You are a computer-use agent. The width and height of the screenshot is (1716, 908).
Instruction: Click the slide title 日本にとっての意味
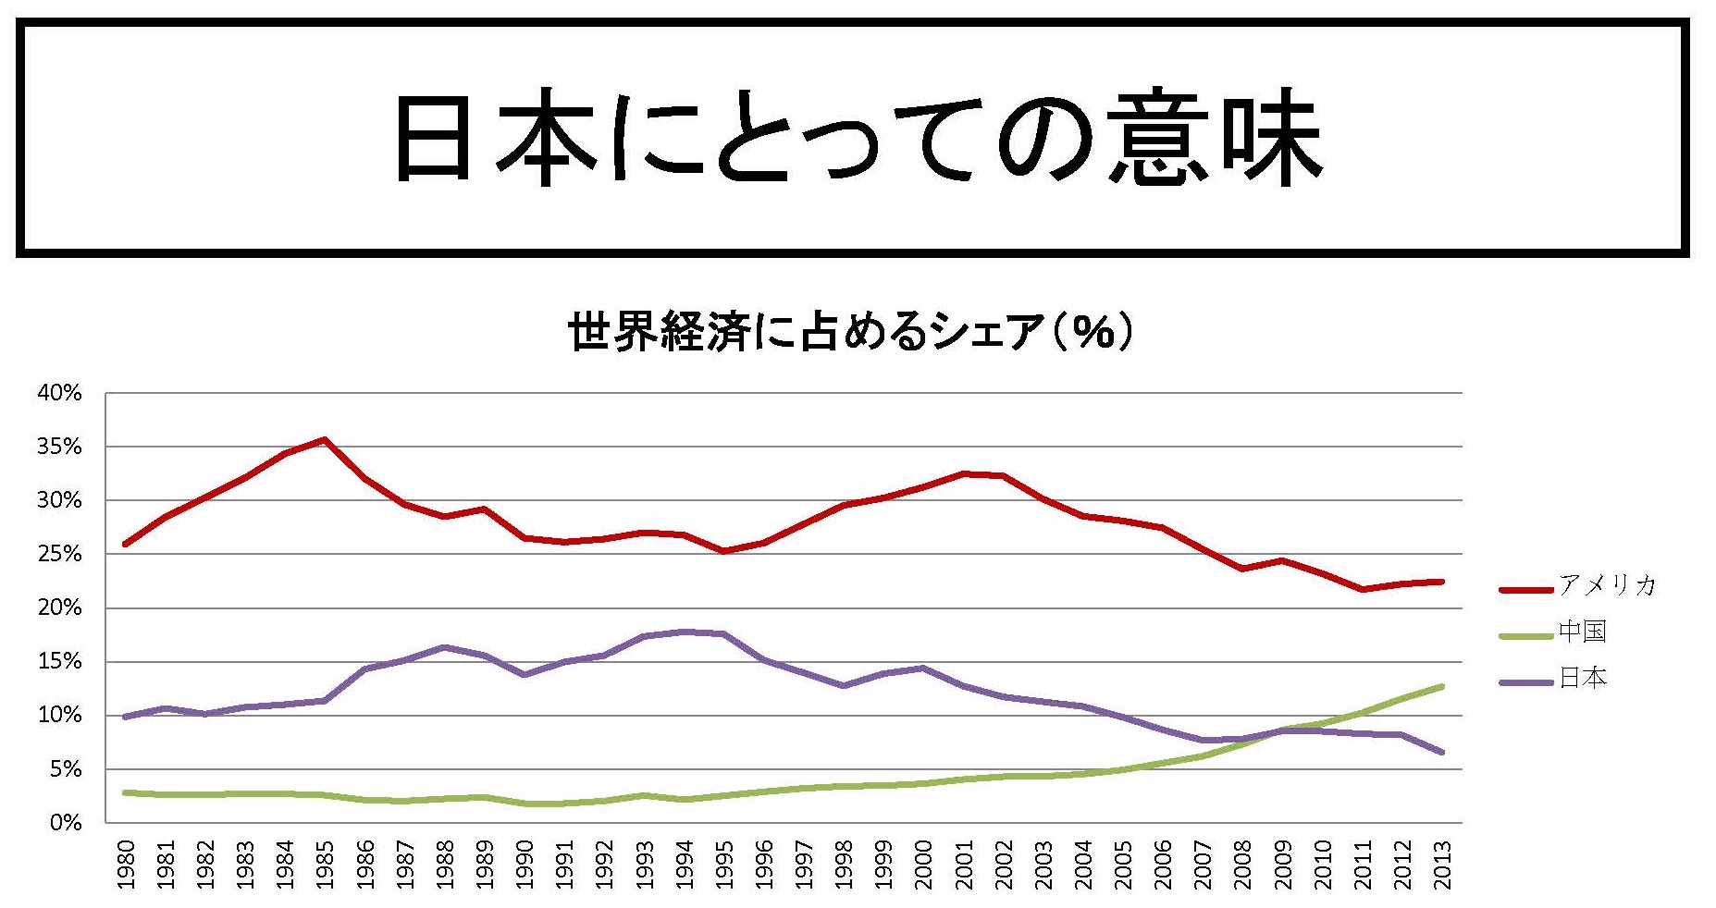click(856, 139)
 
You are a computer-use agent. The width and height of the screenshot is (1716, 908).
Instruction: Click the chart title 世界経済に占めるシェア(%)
click(849, 331)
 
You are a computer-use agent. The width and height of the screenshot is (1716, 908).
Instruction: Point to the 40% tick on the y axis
click(60, 393)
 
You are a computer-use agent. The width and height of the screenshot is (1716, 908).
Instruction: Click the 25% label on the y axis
click(60, 555)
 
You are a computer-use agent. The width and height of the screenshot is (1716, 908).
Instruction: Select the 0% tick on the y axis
click(65, 823)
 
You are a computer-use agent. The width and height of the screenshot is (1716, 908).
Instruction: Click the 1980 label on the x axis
click(127, 864)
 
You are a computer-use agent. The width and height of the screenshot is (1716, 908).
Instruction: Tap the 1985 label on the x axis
click(325, 864)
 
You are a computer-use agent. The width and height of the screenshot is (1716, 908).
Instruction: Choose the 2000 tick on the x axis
click(922, 864)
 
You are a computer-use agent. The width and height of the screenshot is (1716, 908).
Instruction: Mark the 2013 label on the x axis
click(1441, 864)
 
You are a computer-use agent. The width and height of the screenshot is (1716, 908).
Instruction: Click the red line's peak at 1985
click(325, 439)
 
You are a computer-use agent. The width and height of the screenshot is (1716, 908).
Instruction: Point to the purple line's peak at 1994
click(684, 632)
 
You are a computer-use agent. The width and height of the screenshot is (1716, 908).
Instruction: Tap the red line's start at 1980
click(125, 544)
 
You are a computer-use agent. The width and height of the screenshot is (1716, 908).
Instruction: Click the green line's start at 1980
click(125, 792)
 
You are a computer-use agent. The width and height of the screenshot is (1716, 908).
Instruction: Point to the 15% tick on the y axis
click(60, 662)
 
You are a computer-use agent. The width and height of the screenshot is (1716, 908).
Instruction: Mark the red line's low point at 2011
click(1363, 589)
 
